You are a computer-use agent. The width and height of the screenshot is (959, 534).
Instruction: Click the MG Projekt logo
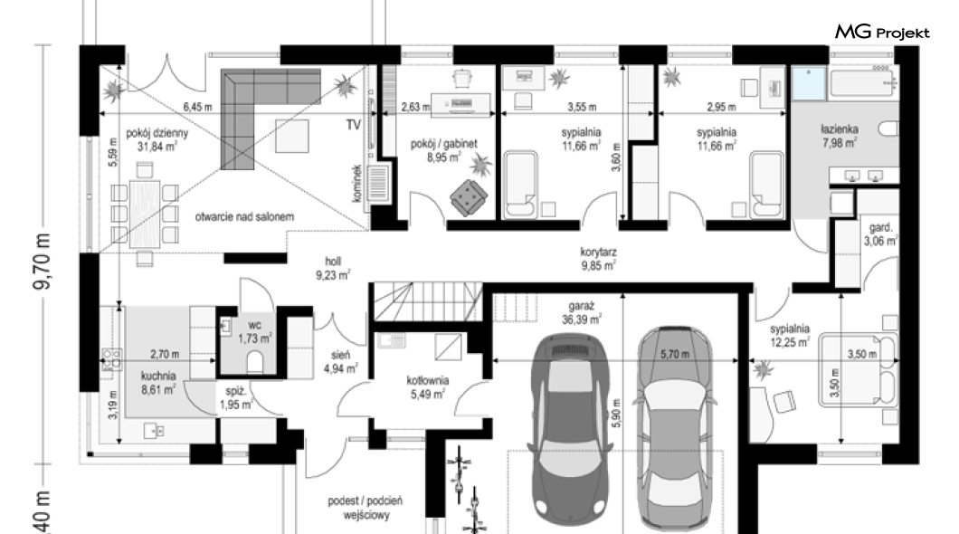coord(882,32)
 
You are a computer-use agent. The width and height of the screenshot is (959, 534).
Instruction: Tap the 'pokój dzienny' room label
coord(157,133)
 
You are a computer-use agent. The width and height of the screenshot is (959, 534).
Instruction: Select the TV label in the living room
coord(354,125)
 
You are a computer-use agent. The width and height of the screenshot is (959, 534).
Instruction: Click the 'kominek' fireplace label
coord(357,183)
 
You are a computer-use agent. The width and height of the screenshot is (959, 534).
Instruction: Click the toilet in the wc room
coord(256,363)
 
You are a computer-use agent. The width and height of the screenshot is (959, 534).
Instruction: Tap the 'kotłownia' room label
coord(428,380)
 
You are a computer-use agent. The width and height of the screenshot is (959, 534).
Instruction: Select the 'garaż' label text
coord(581,306)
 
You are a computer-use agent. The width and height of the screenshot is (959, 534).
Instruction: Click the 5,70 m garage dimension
coord(675,354)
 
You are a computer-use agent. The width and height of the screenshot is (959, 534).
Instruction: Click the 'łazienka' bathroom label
coord(840,129)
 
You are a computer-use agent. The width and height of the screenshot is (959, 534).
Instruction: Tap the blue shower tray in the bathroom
coord(809,84)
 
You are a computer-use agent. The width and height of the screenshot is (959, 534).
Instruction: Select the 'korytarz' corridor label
coord(598,252)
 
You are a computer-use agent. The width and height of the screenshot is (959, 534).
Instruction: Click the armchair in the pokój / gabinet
coord(470,197)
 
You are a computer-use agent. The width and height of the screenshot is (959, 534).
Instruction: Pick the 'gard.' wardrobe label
coord(880,228)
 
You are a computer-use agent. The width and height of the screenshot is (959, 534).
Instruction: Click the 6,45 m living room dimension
coord(197,107)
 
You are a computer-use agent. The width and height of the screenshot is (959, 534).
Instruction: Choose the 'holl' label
coord(333,262)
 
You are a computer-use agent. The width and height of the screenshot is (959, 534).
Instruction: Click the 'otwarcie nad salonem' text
coord(244,216)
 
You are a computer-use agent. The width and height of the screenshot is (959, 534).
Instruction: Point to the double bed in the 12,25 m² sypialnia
coord(858,369)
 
